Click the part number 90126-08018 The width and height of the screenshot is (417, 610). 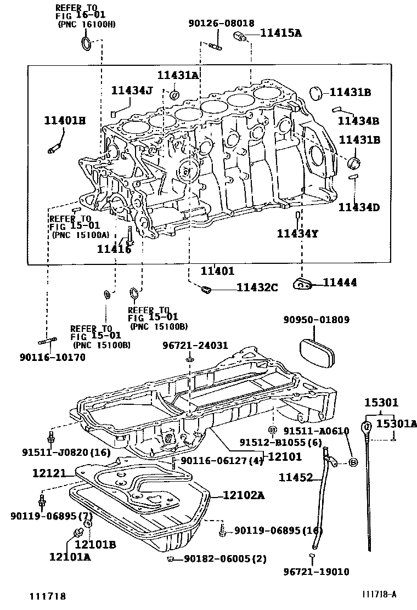click(x=221, y=24)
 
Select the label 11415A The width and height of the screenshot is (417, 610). click(x=280, y=33)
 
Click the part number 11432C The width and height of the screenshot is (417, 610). click(x=257, y=287)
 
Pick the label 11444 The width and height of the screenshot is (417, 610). click(x=340, y=283)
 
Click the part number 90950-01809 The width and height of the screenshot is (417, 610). click(x=317, y=320)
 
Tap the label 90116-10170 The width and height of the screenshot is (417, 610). click(x=53, y=357)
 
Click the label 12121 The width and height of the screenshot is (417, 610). click(x=49, y=472)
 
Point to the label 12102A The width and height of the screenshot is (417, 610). click(x=244, y=496)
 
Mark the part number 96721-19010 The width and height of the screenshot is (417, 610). click(x=317, y=573)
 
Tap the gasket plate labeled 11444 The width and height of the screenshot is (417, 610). click(x=302, y=283)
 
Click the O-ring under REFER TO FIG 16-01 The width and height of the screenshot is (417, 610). click(x=87, y=44)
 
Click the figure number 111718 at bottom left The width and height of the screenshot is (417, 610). click(x=48, y=595)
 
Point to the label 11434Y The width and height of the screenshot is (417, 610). click(x=297, y=234)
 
